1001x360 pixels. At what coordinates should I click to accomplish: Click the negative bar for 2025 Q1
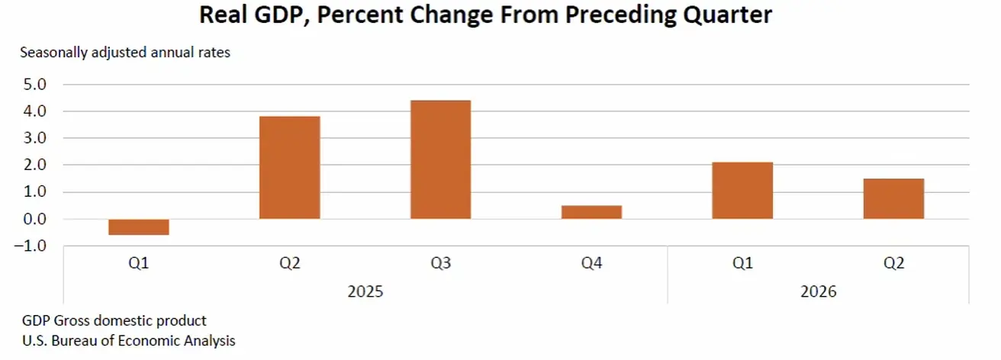pyautogui.click(x=139, y=227)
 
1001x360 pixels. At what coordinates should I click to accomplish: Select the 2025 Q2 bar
pyautogui.click(x=290, y=168)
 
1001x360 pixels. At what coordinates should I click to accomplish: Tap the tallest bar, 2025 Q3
pyautogui.click(x=441, y=159)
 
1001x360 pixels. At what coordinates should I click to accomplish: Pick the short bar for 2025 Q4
pyautogui.click(x=591, y=212)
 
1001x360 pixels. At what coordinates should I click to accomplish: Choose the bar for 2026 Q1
pyautogui.click(x=742, y=190)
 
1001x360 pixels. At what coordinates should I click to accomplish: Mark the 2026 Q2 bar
pyautogui.click(x=893, y=199)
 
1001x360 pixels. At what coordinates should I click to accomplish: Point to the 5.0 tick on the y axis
pyautogui.click(x=35, y=85)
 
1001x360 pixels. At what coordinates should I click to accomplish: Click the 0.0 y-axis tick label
pyautogui.click(x=35, y=220)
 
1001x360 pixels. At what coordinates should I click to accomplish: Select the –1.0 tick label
pyautogui.click(x=31, y=246)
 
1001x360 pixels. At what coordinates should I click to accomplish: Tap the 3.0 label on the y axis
pyautogui.click(x=35, y=138)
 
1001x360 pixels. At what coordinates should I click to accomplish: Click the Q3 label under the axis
pyautogui.click(x=441, y=263)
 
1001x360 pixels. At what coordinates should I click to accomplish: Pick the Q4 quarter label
pyautogui.click(x=591, y=263)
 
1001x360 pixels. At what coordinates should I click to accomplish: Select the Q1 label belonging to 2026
pyautogui.click(x=742, y=263)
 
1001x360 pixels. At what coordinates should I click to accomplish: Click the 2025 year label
pyautogui.click(x=365, y=291)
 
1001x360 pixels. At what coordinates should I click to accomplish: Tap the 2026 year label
pyautogui.click(x=818, y=291)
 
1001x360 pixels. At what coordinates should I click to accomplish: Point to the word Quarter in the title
pyautogui.click(x=728, y=15)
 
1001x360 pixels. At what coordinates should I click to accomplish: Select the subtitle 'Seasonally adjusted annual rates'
pyautogui.click(x=125, y=53)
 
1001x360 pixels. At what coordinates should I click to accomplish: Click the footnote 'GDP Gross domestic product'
pyautogui.click(x=114, y=320)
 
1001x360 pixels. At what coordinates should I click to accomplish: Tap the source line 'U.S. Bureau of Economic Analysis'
pyautogui.click(x=129, y=341)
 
